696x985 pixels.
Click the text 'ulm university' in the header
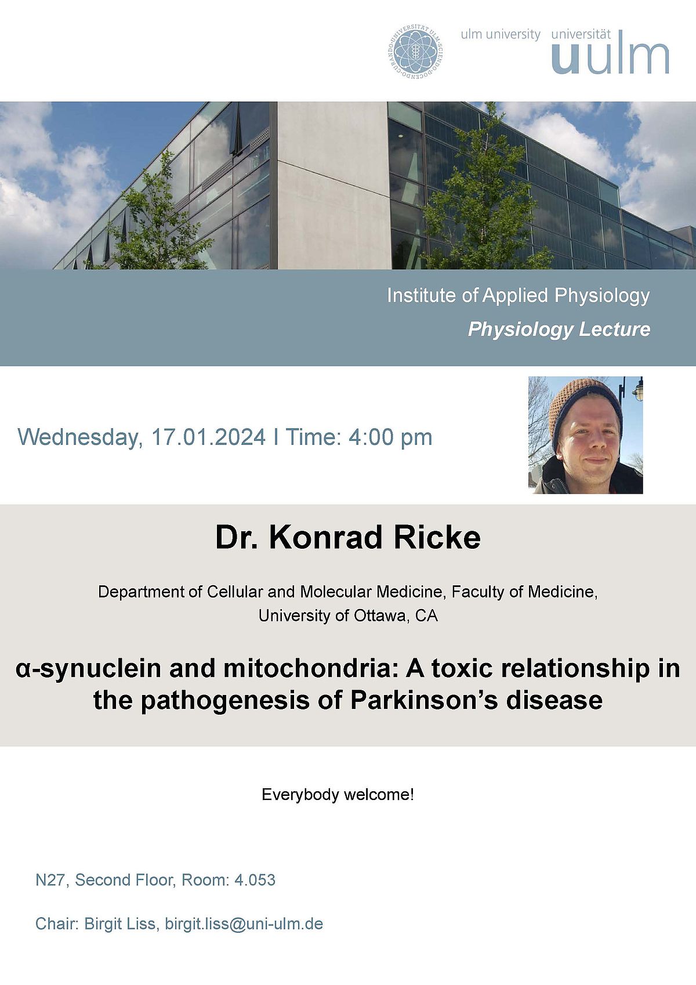click(501, 34)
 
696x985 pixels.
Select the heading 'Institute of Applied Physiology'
click(519, 296)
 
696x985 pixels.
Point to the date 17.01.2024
click(208, 437)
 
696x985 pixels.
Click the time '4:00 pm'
click(390, 437)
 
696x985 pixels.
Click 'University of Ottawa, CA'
click(348, 615)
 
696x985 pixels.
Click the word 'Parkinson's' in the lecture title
click(424, 700)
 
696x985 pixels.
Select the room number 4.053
click(255, 880)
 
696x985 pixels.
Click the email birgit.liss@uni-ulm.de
click(244, 924)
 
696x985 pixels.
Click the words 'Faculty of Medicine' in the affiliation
click(524, 592)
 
